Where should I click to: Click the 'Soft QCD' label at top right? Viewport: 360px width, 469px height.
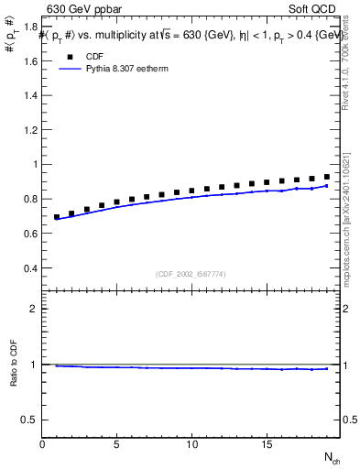point(314,10)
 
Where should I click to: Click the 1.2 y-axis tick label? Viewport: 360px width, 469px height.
point(30,130)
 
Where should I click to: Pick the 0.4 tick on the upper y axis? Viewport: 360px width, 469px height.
point(30,268)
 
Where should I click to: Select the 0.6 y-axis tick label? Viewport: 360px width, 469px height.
point(30,234)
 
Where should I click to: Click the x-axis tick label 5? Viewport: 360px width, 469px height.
point(117,444)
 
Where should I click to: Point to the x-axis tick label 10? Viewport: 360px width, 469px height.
point(191,444)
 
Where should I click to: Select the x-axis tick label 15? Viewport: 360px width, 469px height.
point(266,444)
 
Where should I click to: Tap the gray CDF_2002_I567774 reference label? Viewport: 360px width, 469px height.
point(191,273)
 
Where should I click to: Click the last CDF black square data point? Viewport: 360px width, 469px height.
point(326,177)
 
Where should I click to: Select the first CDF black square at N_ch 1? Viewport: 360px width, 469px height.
point(57,217)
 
